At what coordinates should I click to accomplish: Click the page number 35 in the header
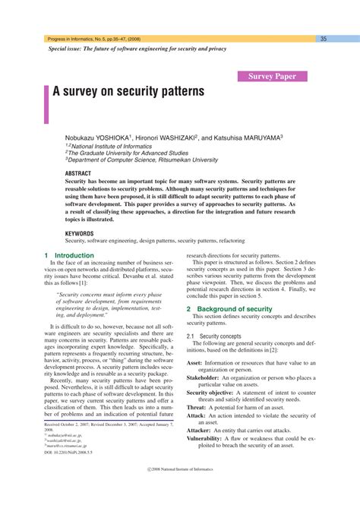coord(323,39)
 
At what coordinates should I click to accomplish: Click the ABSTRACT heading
coord(78,173)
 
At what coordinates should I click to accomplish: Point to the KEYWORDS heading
coord(80,233)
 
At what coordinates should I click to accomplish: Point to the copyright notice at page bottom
coord(179,491)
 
